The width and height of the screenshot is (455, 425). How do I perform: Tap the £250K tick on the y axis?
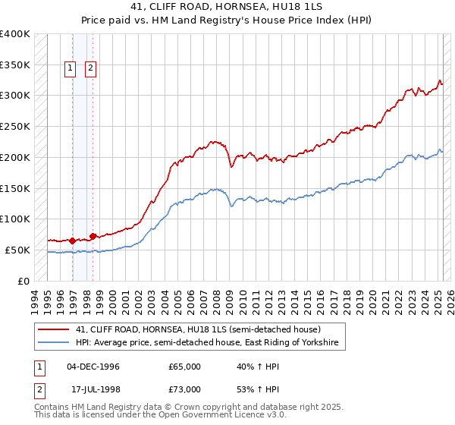(x=15, y=126)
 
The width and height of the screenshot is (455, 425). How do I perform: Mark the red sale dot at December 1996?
(x=73, y=241)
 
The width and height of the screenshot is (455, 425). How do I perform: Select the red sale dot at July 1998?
(x=93, y=236)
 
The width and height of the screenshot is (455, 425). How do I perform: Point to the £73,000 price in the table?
(x=184, y=389)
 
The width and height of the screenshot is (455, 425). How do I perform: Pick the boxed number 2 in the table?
(x=38, y=389)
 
